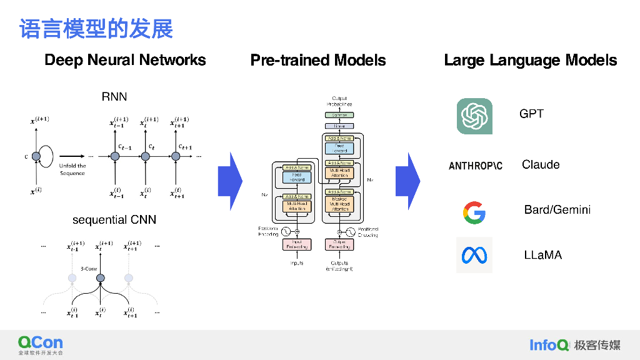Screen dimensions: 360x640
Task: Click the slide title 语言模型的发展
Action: pyautogui.click(x=96, y=29)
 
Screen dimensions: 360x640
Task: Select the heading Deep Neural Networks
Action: pyautogui.click(x=125, y=60)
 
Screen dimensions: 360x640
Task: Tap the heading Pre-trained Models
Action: pyautogui.click(x=318, y=60)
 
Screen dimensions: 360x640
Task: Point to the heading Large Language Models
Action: pyautogui.click(x=530, y=60)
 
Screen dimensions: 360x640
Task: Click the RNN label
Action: pyautogui.click(x=114, y=97)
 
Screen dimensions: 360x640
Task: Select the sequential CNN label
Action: pyautogui.click(x=114, y=220)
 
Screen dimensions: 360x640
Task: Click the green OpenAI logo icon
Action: pyautogui.click(x=474, y=116)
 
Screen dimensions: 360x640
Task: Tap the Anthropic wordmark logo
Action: pyautogui.click(x=476, y=166)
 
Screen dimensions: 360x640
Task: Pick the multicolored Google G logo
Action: pyautogui.click(x=474, y=212)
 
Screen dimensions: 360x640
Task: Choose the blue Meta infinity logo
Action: pyautogui.click(x=474, y=255)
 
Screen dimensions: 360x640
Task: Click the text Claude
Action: pyautogui.click(x=541, y=165)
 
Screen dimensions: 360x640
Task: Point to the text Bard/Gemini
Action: pyautogui.click(x=557, y=210)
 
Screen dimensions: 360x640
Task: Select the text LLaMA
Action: pyautogui.click(x=542, y=255)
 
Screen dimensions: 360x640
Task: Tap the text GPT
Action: pyautogui.click(x=531, y=114)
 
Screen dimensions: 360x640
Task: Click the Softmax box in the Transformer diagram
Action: pyautogui.click(x=339, y=115)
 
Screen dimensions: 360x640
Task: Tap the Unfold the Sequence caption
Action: pyautogui.click(x=72, y=169)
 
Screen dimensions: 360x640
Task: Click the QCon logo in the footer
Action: pyautogui.click(x=41, y=344)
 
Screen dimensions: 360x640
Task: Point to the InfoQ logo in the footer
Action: pyautogui.click(x=549, y=344)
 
